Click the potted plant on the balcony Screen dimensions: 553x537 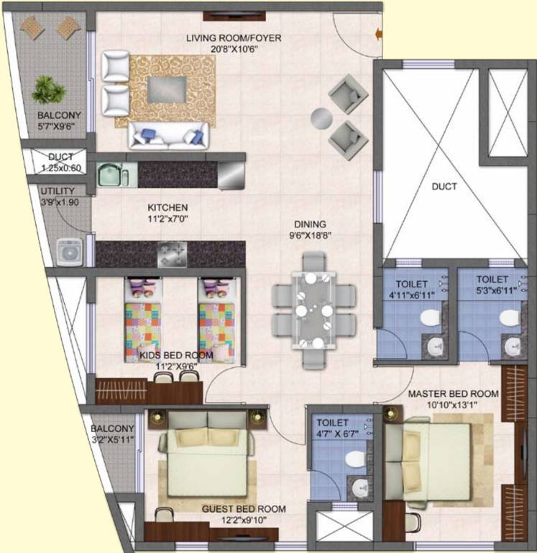click(48, 89)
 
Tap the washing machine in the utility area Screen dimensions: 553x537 click(70, 252)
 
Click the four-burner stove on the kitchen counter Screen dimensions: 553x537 click(173, 253)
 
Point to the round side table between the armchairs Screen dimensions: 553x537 click(321, 117)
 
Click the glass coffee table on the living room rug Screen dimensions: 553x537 click(170, 89)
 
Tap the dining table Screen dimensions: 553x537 click(313, 310)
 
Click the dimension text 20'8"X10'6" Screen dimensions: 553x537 click(233, 49)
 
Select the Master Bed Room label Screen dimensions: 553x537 click(453, 394)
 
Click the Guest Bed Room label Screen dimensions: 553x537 click(244, 509)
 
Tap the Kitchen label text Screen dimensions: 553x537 click(167, 207)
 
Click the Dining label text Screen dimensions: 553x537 click(309, 224)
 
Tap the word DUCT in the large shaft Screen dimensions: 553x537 click(444, 186)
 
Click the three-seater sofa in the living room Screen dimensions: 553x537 click(168, 135)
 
